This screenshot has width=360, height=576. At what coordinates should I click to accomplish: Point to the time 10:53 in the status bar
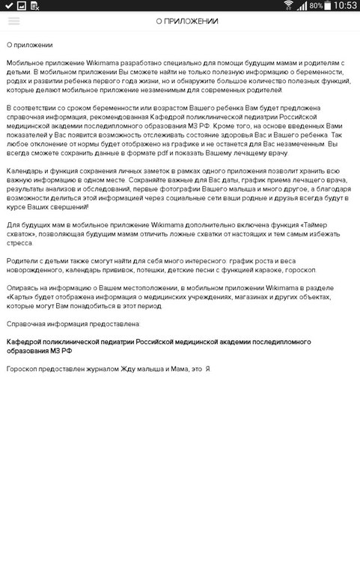(344, 6)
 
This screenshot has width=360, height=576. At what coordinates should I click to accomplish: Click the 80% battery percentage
(317, 6)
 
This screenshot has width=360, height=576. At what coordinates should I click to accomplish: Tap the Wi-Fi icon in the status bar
(288, 6)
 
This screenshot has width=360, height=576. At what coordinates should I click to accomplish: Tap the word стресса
(22, 242)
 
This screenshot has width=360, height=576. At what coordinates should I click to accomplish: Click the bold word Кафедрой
(25, 341)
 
